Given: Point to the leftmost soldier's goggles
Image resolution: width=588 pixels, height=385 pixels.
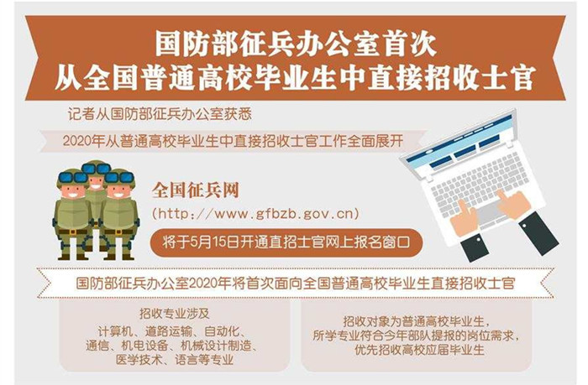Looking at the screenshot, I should pyautogui.click(x=72, y=177).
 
